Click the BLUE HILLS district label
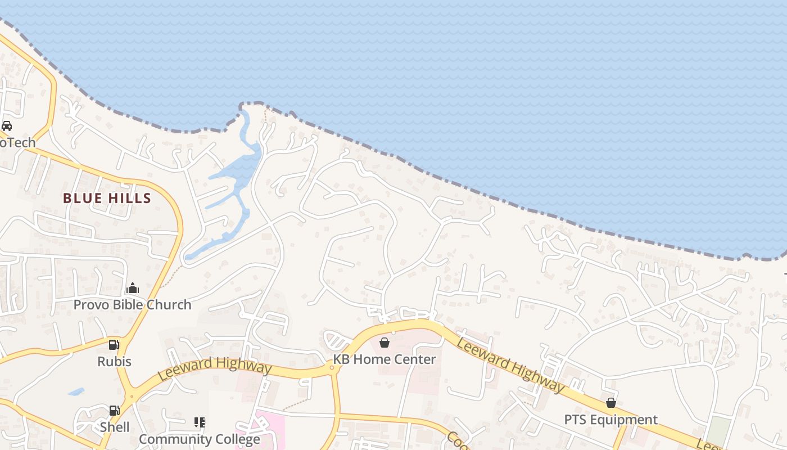pyautogui.click(x=107, y=198)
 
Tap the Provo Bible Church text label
pyautogui.click(x=133, y=305)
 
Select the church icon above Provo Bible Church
pyautogui.click(x=133, y=289)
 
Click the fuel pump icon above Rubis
pyautogui.click(x=114, y=344)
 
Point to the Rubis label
pyautogui.click(x=114, y=361)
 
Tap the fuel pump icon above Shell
pyautogui.click(x=114, y=411)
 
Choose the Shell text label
pyautogui.click(x=114, y=427)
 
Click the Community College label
pyautogui.click(x=199, y=439)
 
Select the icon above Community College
pyautogui.click(x=199, y=422)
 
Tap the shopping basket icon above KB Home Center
pyautogui.click(x=385, y=342)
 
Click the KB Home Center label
pyautogui.click(x=385, y=359)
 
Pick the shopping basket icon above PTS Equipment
pyautogui.click(x=611, y=403)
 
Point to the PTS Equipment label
pyautogui.click(x=611, y=420)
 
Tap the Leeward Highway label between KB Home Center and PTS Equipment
pyautogui.click(x=510, y=364)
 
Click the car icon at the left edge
pyautogui.click(x=6, y=126)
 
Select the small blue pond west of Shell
pyautogui.click(x=76, y=391)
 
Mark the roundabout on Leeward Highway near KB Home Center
pyautogui.click(x=332, y=368)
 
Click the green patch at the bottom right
pyautogui.click(x=718, y=430)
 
